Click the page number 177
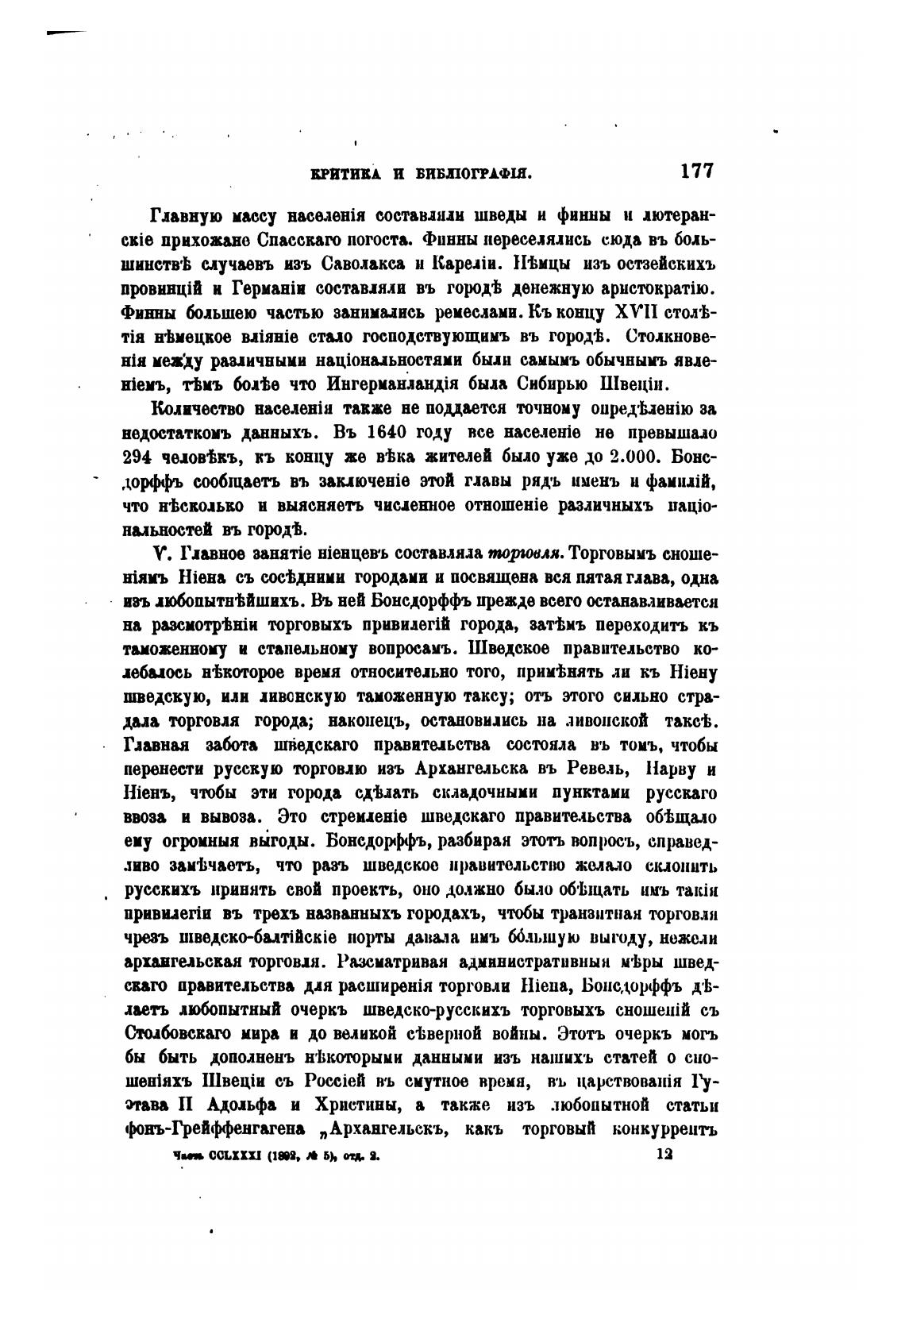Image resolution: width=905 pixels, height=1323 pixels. click(x=696, y=172)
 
